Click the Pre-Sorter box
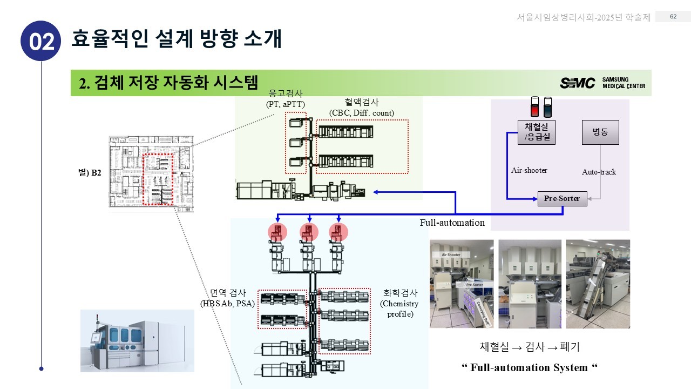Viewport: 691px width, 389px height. point(561,199)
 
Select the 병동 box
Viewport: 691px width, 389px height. point(600,132)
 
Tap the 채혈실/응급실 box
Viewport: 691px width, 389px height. point(536,132)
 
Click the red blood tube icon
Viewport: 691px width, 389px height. point(535,107)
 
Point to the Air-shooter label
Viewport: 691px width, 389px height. point(529,171)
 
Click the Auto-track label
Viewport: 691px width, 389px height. point(599,172)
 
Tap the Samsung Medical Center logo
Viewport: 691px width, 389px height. point(602,83)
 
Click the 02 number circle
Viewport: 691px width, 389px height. point(42,41)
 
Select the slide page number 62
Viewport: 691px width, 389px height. point(673,17)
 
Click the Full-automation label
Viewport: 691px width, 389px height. point(452,223)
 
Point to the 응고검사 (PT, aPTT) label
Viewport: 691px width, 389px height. point(286,98)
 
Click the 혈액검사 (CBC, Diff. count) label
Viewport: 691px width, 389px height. point(361,107)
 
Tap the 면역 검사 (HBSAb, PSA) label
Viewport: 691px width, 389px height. point(228,298)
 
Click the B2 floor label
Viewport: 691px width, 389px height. point(90,173)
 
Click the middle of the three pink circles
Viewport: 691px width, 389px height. point(309,232)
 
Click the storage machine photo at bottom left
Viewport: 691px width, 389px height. point(137,340)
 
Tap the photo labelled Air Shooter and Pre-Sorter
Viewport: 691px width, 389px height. point(462,284)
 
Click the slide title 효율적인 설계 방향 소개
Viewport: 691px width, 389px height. point(177,39)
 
